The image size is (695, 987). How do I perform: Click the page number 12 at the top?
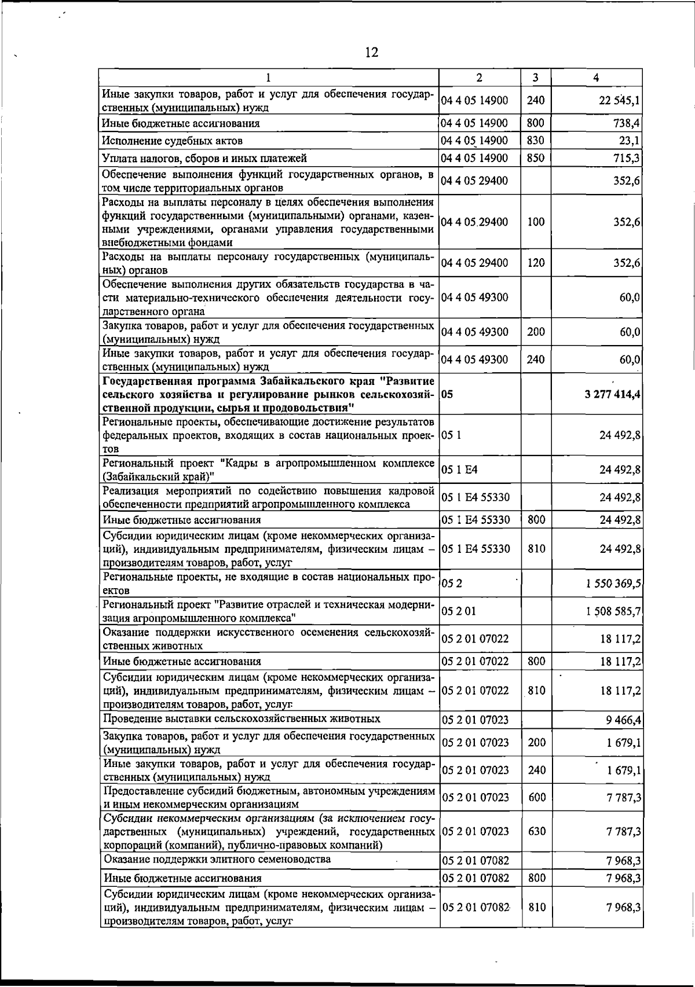pyautogui.click(x=371, y=53)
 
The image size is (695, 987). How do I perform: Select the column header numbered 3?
pyautogui.click(x=536, y=78)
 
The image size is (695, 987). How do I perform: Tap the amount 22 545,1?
pyautogui.click(x=619, y=101)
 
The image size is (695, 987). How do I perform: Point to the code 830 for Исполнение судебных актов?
pyautogui.click(x=536, y=141)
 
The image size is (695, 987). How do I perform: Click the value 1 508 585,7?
pyautogui.click(x=613, y=611)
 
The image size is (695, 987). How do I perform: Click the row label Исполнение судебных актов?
pyautogui.click(x=172, y=141)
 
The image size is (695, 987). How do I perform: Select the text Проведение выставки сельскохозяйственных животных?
pyautogui.click(x=242, y=719)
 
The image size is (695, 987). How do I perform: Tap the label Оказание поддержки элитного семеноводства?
pyautogui.click(x=217, y=859)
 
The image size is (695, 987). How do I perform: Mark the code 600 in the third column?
pyautogui.click(x=536, y=798)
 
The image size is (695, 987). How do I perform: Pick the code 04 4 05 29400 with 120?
pyautogui.click(x=474, y=263)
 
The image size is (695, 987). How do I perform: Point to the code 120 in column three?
pyautogui.click(x=536, y=263)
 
